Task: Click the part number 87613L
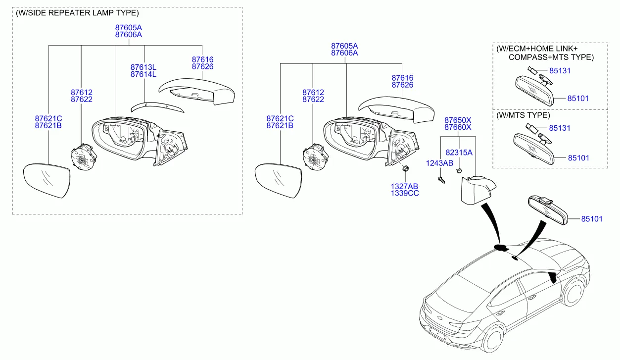pyautogui.click(x=143, y=67)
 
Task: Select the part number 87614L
pyautogui.click(x=143, y=74)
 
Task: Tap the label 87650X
pyautogui.click(x=458, y=120)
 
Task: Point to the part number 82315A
pyautogui.click(x=459, y=153)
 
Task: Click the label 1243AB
pyautogui.click(x=439, y=163)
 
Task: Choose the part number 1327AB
pyautogui.click(x=404, y=186)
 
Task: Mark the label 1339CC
pyautogui.click(x=405, y=193)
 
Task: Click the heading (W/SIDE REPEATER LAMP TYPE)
pyautogui.click(x=77, y=13)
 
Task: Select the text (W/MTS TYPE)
pyautogui.click(x=523, y=115)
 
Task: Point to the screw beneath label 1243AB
pyautogui.click(x=441, y=180)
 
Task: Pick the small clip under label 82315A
pyautogui.click(x=459, y=170)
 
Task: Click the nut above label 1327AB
pyautogui.click(x=405, y=168)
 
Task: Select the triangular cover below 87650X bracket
pyautogui.click(x=477, y=190)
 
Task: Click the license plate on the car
pyautogui.click(x=437, y=334)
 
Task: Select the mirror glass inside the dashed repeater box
pyautogui.click(x=47, y=180)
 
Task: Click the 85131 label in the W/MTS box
pyautogui.click(x=560, y=128)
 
